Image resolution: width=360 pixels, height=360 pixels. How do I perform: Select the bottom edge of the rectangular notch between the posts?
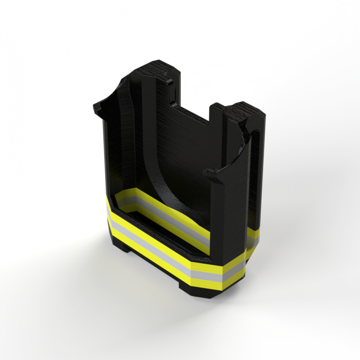coord(193,116)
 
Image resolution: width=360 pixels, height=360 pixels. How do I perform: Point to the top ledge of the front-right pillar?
coord(214,172)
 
